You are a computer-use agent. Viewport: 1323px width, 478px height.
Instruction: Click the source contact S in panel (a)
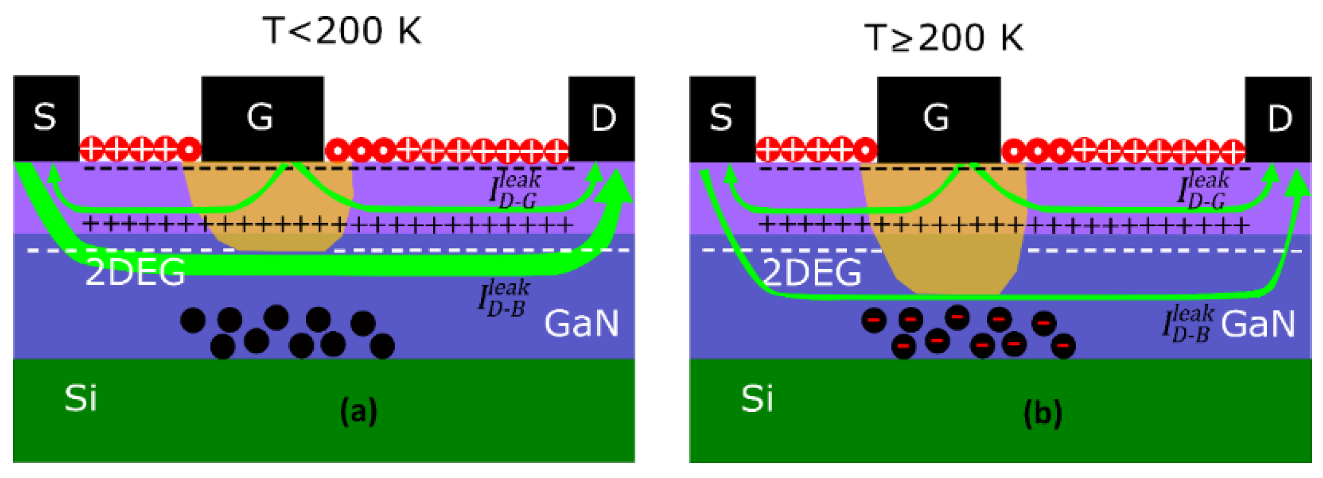tap(46, 118)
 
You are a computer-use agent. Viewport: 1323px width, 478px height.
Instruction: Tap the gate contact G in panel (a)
tap(262, 118)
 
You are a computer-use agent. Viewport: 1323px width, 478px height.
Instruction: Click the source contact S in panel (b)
tap(722, 118)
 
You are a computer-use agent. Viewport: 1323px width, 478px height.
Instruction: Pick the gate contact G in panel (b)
tap(938, 118)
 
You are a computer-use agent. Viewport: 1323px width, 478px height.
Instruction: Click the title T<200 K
tap(341, 30)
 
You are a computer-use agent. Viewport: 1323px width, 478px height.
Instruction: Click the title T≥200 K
tap(944, 37)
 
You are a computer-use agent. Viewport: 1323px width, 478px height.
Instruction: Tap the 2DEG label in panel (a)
tap(135, 273)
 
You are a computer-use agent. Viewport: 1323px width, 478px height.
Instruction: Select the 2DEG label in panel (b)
tap(812, 273)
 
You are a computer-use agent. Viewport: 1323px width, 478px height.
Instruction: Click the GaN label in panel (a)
tap(582, 323)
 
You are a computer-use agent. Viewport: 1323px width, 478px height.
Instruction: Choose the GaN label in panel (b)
tap(1258, 323)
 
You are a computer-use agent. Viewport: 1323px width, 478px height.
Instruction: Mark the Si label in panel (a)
tap(81, 399)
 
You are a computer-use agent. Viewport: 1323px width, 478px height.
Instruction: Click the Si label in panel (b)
tap(757, 399)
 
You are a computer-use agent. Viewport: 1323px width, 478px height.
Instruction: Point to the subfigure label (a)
tap(358, 411)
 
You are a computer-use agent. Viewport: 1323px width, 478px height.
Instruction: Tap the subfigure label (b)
tap(1043, 414)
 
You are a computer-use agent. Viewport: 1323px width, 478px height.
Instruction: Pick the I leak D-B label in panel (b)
tap(1188, 323)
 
